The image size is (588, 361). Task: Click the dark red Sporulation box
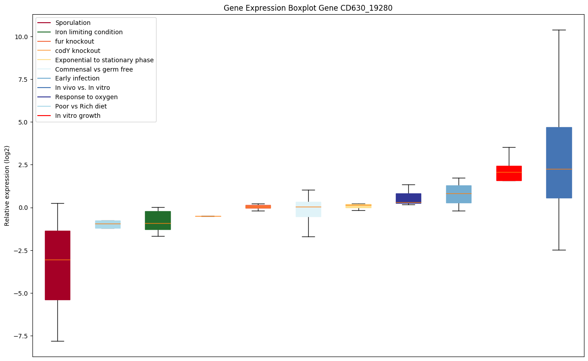pos(57,265)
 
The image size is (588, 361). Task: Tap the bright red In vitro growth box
pos(509,173)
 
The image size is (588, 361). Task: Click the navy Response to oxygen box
pos(408,198)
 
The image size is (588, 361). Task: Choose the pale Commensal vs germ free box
pos(308,209)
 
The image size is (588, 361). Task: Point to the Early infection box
pos(459,194)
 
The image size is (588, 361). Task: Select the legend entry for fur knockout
pos(74,41)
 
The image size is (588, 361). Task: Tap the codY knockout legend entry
pos(77,51)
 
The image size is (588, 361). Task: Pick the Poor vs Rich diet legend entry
pos(81,106)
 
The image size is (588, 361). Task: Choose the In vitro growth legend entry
pos(77,116)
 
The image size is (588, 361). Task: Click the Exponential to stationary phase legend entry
pos(104,60)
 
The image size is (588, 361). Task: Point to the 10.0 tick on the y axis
pos(22,36)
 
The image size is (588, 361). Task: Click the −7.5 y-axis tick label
pos(22,336)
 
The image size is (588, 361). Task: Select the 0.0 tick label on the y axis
pos(24,208)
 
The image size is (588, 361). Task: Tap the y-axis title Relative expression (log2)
pos(7,185)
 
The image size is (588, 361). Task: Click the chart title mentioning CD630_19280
pos(308,8)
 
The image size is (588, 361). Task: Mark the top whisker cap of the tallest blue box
pos(559,30)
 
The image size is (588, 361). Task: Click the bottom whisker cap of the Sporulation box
pos(57,341)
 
